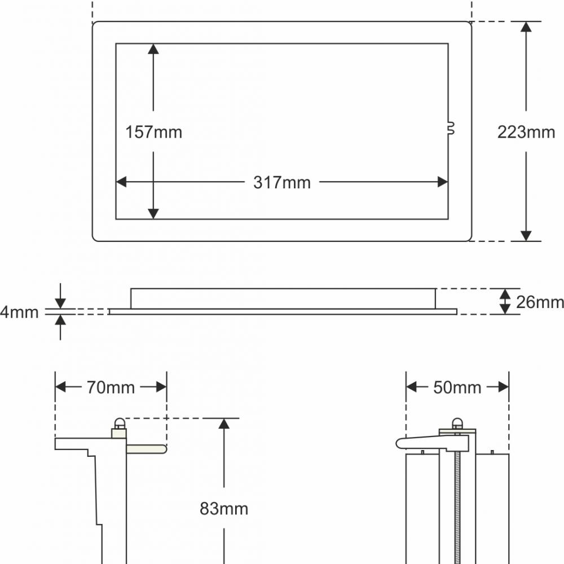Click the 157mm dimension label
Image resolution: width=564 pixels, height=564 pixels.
(x=153, y=133)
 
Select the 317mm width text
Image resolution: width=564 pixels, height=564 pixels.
(x=281, y=183)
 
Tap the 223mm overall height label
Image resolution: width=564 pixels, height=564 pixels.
(x=526, y=132)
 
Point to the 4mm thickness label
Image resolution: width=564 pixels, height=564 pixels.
(x=19, y=312)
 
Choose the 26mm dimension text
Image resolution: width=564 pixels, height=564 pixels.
(x=540, y=302)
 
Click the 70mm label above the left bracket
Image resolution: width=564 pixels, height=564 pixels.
(x=111, y=387)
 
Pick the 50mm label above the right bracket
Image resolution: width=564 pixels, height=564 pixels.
(x=457, y=387)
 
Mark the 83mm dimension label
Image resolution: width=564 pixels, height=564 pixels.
(x=224, y=509)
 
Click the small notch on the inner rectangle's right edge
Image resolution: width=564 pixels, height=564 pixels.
(x=451, y=130)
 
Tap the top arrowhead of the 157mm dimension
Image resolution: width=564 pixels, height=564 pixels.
(x=153, y=49)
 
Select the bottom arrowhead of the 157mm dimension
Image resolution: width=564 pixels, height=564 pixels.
(x=153, y=213)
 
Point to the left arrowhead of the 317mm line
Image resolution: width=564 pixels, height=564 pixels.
(x=121, y=182)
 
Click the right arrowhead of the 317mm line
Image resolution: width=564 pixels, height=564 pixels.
(x=443, y=182)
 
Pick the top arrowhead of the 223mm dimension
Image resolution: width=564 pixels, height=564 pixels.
(x=526, y=28)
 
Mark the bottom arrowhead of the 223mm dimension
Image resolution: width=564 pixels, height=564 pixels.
(x=526, y=235)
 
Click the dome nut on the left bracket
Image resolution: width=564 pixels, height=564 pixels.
(x=119, y=424)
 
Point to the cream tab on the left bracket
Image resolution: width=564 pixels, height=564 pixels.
(x=146, y=449)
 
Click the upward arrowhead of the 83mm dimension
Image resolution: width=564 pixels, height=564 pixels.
(x=224, y=424)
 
